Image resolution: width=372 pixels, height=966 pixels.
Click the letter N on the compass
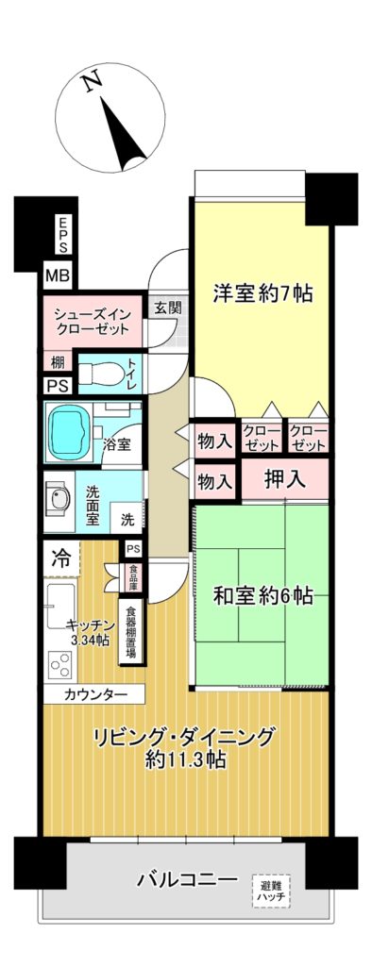pyautogui.click(x=92, y=83)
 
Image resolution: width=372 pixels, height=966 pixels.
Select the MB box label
pyautogui.click(x=59, y=275)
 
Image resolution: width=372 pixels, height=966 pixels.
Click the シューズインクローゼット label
pyautogui.click(x=92, y=321)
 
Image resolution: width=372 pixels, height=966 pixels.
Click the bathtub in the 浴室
pyautogui.click(x=69, y=430)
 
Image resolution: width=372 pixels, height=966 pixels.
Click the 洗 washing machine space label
pyautogui.click(x=127, y=519)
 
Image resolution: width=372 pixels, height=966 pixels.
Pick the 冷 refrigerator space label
pyautogui.click(x=59, y=558)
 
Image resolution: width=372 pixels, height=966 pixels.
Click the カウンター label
pyautogui.click(x=91, y=694)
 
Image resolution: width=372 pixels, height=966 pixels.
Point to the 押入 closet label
pyautogui.click(x=285, y=479)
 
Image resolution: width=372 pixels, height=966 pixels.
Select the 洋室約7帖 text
pyautogui.click(x=262, y=293)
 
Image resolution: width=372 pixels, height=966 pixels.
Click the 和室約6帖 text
pyautogui.click(x=262, y=596)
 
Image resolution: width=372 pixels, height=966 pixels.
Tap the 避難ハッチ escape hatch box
pyautogui.click(x=271, y=890)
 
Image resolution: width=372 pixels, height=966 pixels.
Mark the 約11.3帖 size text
pyautogui.click(x=185, y=759)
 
